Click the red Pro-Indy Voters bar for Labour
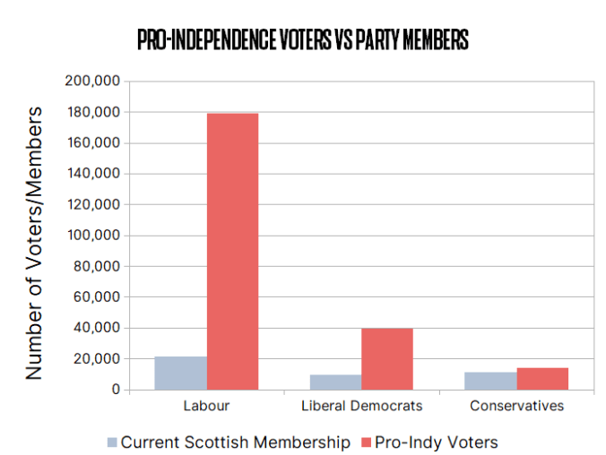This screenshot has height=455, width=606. coord(232,252)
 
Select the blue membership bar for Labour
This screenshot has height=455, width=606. coord(180,373)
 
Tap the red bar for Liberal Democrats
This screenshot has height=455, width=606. coord(387,359)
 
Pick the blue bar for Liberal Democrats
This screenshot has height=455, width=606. coord(335,382)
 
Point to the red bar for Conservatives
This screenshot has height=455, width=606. coord(542,379)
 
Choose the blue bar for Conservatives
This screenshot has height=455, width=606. coord(490,381)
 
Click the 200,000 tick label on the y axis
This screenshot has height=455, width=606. coord(93,82)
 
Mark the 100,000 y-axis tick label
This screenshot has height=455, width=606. coord(93,236)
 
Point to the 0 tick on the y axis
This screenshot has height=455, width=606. coord(115,390)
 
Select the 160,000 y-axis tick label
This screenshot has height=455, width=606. coord(93,143)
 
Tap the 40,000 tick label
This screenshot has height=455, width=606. coord(97,328)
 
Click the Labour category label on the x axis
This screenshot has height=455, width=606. coord(206,406)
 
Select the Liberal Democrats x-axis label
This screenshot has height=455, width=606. coord(361,406)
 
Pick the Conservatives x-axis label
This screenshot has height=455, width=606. coord(515,406)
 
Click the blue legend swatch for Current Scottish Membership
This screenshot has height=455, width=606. coord(112,442)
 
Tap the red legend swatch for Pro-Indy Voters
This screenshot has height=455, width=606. coord(366,442)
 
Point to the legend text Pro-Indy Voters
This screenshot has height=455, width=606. coord(437,442)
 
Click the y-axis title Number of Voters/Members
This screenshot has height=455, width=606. coord(33,242)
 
